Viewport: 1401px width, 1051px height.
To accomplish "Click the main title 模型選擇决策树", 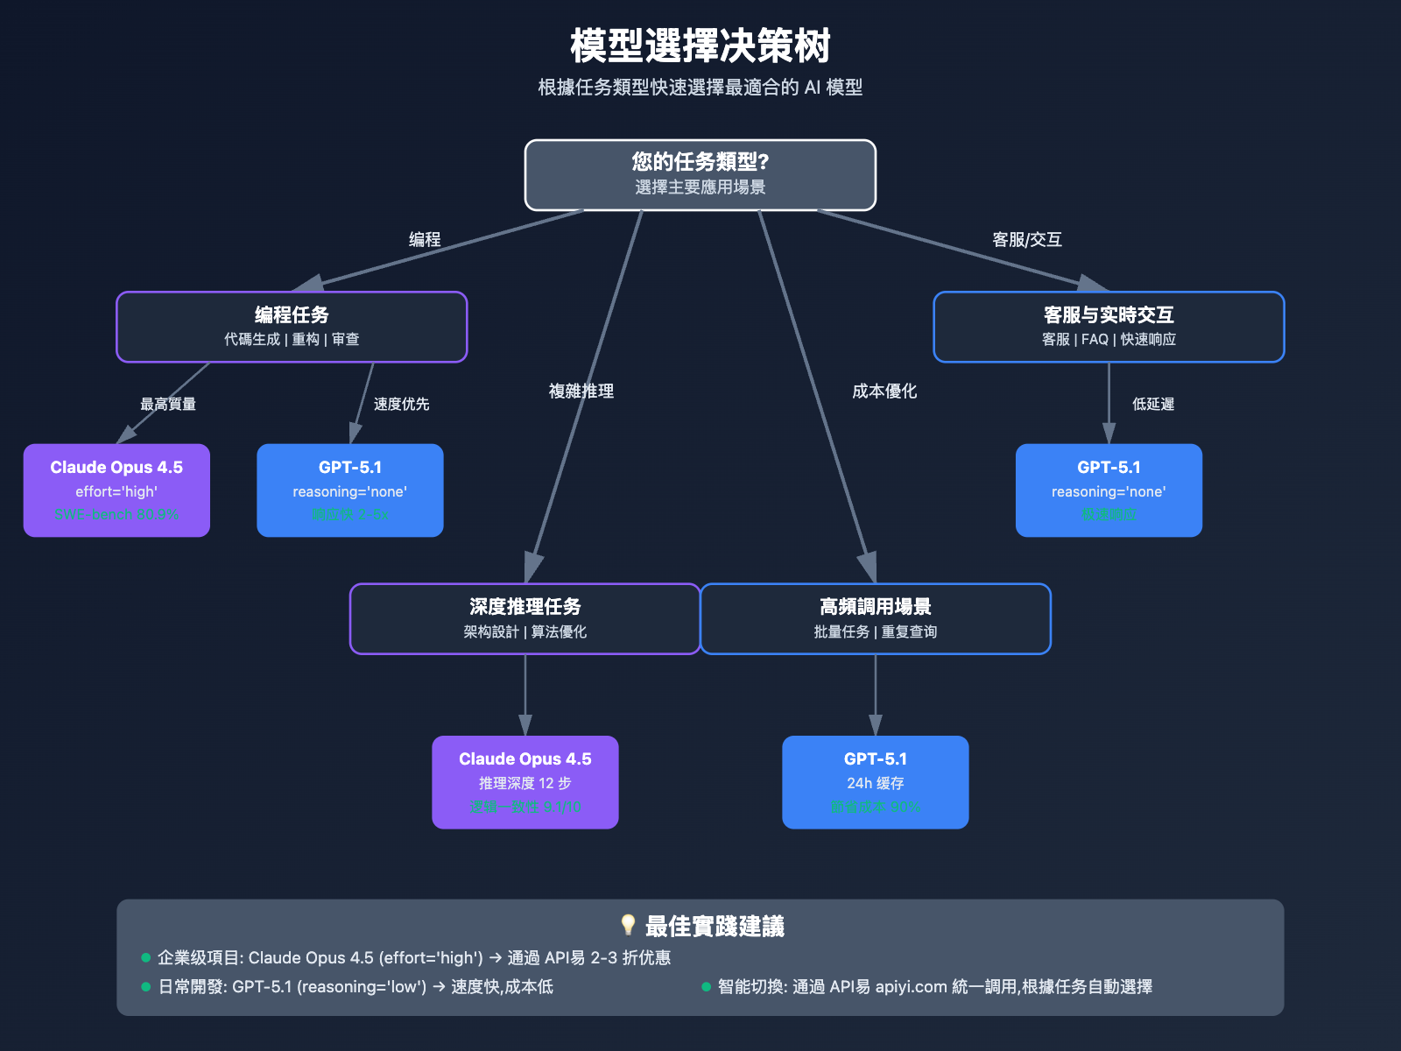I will click(x=700, y=46).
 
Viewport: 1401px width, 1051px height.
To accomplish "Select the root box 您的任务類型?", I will click(x=700, y=174).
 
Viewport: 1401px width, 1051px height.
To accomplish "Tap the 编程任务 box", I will click(x=292, y=326).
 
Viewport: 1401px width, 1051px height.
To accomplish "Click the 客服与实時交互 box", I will click(x=1109, y=326).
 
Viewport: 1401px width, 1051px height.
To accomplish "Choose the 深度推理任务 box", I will click(x=524, y=618).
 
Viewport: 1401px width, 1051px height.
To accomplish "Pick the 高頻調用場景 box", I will click(x=875, y=618).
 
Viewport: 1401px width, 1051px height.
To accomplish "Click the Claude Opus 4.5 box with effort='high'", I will click(x=116, y=490).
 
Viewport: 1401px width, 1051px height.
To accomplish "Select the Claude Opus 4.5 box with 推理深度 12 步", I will click(x=524, y=781).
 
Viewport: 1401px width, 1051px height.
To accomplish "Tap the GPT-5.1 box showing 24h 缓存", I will click(x=875, y=781).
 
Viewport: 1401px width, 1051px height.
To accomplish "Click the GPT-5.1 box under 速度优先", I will click(x=349, y=490).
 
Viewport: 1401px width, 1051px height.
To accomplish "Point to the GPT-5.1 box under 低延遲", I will click(x=1109, y=490).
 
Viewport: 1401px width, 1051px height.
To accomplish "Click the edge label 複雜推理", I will click(x=581, y=391).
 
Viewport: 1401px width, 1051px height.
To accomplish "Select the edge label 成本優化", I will click(x=884, y=391).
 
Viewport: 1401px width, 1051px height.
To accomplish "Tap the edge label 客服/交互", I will click(x=1026, y=240).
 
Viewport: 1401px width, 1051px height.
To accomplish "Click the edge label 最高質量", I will click(x=168, y=405).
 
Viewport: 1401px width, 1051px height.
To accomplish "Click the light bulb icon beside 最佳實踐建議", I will click(x=628, y=925).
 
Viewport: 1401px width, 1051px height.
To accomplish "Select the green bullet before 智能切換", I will click(x=706, y=987).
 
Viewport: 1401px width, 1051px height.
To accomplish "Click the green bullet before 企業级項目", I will click(x=146, y=958).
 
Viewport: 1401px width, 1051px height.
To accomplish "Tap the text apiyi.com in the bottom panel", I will click(x=911, y=987).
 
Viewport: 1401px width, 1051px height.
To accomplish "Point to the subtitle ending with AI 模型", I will click(x=700, y=88).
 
